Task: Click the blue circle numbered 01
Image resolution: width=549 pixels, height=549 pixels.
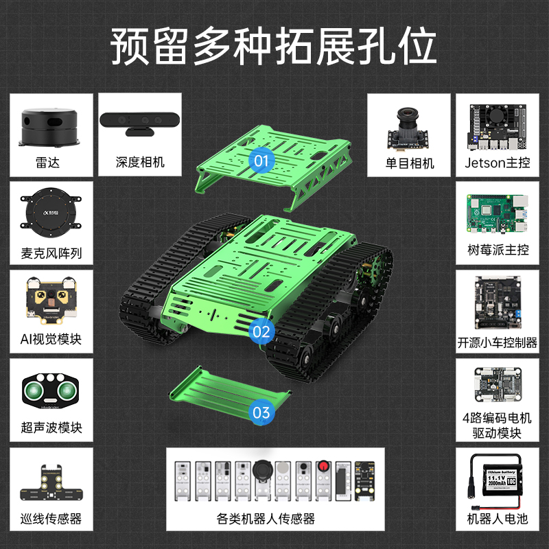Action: point(261,161)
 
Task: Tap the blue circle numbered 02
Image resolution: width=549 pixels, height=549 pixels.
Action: point(261,331)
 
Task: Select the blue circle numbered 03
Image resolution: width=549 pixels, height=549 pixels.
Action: point(261,412)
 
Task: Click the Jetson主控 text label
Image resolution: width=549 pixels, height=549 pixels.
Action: point(498,163)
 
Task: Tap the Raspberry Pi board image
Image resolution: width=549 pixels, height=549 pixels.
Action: point(498,213)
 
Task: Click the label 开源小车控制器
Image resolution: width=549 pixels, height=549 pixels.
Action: point(498,342)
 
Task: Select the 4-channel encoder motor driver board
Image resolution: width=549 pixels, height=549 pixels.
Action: point(498,384)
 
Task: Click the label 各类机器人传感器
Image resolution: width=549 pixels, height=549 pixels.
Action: point(274,519)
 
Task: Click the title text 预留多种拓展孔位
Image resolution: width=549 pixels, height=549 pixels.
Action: point(274,46)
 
